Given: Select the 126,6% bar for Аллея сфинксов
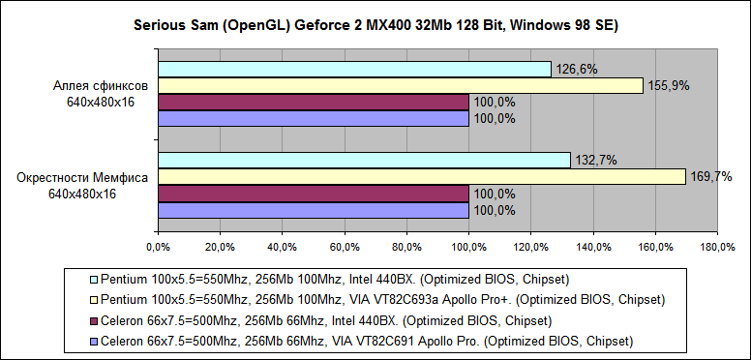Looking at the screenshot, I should coord(354,69).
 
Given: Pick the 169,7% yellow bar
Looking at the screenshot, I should coord(421,176).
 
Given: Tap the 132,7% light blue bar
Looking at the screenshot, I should coord(364,160).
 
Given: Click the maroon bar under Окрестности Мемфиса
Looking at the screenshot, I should coord(313,194).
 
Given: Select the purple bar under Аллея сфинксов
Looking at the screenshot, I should coord(313,119).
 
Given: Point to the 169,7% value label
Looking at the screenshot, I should coord(710,176).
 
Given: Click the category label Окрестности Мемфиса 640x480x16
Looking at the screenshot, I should coord(82,186).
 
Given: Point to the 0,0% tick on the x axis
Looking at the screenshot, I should coord(158,246).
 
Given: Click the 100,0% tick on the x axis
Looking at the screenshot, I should coord(468,246).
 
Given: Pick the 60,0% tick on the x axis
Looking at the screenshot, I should coord(344,246).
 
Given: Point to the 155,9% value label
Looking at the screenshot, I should coord(668,86).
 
